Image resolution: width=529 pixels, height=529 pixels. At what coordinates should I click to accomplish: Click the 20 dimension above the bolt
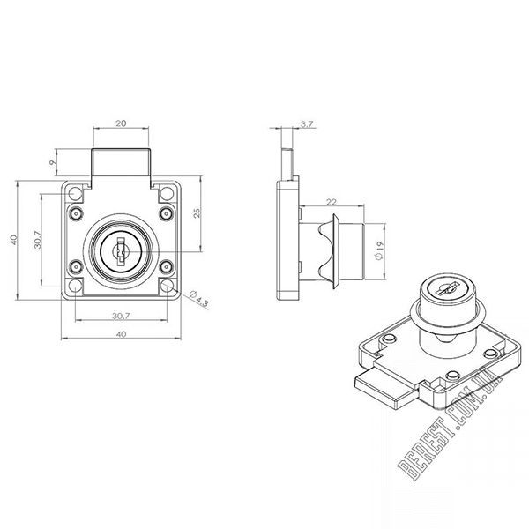click(121, 123)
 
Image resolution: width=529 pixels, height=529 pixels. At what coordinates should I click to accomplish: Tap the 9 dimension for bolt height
click(52, 162)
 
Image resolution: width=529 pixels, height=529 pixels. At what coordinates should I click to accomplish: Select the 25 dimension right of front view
click(197, 213)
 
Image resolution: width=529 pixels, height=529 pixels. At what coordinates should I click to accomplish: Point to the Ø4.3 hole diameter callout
click(199, 298)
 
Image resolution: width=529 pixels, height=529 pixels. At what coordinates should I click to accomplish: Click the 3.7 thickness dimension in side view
click(307, 124)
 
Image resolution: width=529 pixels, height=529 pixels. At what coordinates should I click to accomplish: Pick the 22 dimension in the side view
click(332, 202)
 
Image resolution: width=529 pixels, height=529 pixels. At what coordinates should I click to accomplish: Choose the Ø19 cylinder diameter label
click(379, 250)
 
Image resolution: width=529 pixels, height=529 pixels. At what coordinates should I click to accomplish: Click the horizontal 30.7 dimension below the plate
click(121, 317)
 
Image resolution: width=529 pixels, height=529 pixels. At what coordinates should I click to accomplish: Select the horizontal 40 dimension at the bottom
click(121, 334)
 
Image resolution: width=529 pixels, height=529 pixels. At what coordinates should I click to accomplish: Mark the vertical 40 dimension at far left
click(13, 240)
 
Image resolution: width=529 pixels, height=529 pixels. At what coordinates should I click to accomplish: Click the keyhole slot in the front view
click(121, 252)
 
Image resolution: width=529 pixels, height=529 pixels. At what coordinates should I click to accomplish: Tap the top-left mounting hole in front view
click(75, 194)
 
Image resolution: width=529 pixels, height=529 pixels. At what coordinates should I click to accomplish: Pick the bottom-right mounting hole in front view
click(167, 286)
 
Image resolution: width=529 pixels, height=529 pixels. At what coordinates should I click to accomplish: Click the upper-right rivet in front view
click(167, 213)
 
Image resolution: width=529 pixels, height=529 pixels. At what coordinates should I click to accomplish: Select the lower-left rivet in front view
click(76, 267)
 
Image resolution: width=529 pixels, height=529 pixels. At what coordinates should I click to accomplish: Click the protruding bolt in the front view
click(121, 162)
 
